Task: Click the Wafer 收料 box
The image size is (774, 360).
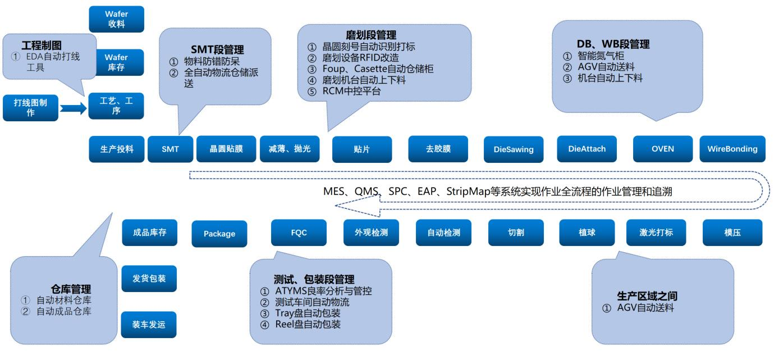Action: [x=116, y=19]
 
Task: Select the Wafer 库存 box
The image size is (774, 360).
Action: [x=116, y=62]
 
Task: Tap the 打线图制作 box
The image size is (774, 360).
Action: [x=30, y=108]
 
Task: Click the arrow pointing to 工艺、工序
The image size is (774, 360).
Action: [x=72, y=107]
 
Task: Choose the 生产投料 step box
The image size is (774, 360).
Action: [x=117, y=149]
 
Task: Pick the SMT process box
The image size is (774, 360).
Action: [x=170, y=149]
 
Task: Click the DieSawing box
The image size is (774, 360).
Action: [x=514, y=150]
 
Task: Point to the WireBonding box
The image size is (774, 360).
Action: [x=732, y=149]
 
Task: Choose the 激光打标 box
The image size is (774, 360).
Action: [x=656, y=233]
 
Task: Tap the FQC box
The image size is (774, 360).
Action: [x=299, y=233]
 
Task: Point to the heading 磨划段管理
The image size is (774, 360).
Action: [x=371, y=35]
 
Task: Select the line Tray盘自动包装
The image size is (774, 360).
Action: [x=306, y=313]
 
